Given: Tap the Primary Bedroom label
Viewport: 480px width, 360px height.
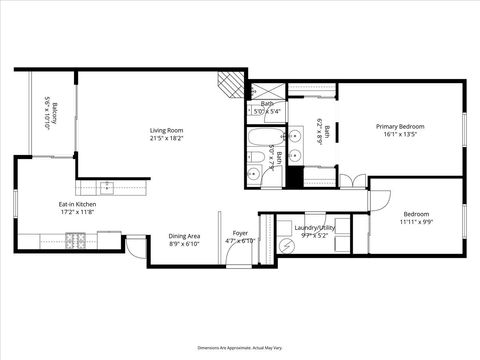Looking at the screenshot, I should click(400, 127).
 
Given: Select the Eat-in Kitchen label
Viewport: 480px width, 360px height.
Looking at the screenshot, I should click(76, 204).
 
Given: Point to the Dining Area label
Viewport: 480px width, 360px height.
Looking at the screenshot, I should click(184, 236).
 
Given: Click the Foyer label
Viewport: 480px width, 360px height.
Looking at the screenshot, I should click(240, 233).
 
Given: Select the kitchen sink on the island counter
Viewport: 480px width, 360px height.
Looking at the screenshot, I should click(108, 186).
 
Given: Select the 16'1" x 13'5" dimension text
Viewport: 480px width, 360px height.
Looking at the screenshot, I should click(400, 135).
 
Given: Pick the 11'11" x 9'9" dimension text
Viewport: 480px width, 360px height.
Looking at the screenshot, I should click(416, 222).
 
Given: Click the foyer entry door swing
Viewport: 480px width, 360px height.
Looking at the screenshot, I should click(236, 254).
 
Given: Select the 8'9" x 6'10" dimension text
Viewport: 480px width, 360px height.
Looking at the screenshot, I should click(184, 243).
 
